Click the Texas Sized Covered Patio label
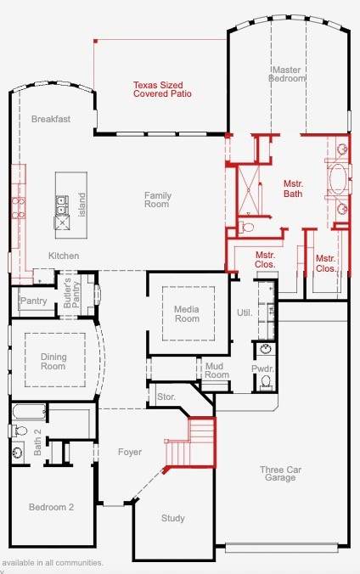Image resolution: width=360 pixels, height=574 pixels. [162, 89]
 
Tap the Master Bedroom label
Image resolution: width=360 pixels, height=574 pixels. [287, 74]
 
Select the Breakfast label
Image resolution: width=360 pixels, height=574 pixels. [51, 119]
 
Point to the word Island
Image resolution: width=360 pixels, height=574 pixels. [82, 205]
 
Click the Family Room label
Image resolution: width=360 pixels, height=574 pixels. [157, 200]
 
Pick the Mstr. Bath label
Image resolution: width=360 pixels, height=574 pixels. [293, 189]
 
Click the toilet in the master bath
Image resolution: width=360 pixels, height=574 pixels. [247, 227]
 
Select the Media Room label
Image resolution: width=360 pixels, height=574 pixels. [187, 313]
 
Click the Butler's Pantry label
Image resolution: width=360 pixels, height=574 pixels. [72, 293]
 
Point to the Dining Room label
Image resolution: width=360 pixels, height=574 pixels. [53, 362]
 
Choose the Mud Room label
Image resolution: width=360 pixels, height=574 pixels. [217, 370]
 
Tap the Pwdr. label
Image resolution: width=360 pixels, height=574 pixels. [262, 369]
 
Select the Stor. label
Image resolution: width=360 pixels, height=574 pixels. [166, 397]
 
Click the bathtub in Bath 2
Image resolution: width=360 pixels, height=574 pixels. [30, 412]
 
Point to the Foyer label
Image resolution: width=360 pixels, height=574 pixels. [130, 452]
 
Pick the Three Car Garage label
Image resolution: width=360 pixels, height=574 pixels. [280, 474]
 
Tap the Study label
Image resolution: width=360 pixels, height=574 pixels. [173, 518]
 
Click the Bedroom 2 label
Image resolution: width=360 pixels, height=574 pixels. [51, 507]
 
